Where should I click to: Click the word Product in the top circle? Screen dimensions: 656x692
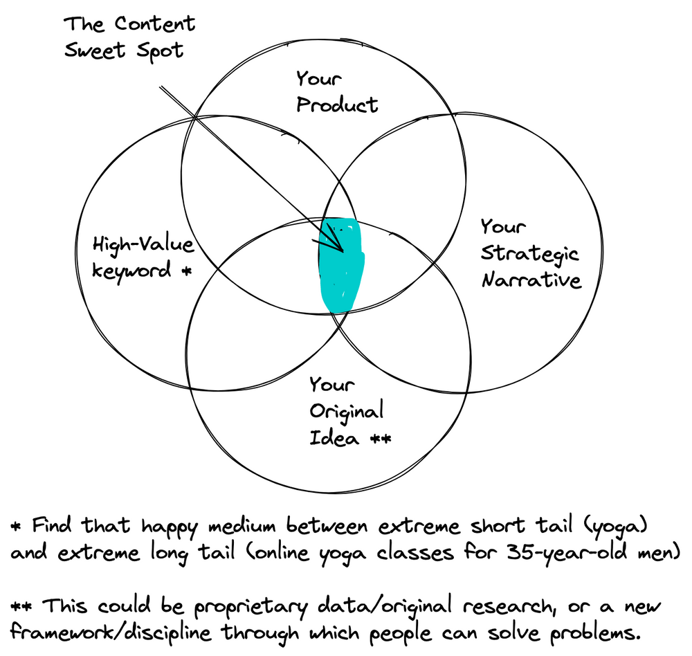[337, 104]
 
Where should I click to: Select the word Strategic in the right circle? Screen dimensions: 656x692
[530, 253]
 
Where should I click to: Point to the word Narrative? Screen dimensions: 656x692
[531, 280]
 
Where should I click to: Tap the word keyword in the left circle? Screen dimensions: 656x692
[131, 270]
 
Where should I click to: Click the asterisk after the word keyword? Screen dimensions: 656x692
[185, 271]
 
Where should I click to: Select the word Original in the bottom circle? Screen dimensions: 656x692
[346, 412]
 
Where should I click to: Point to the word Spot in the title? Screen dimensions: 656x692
[159, 51]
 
